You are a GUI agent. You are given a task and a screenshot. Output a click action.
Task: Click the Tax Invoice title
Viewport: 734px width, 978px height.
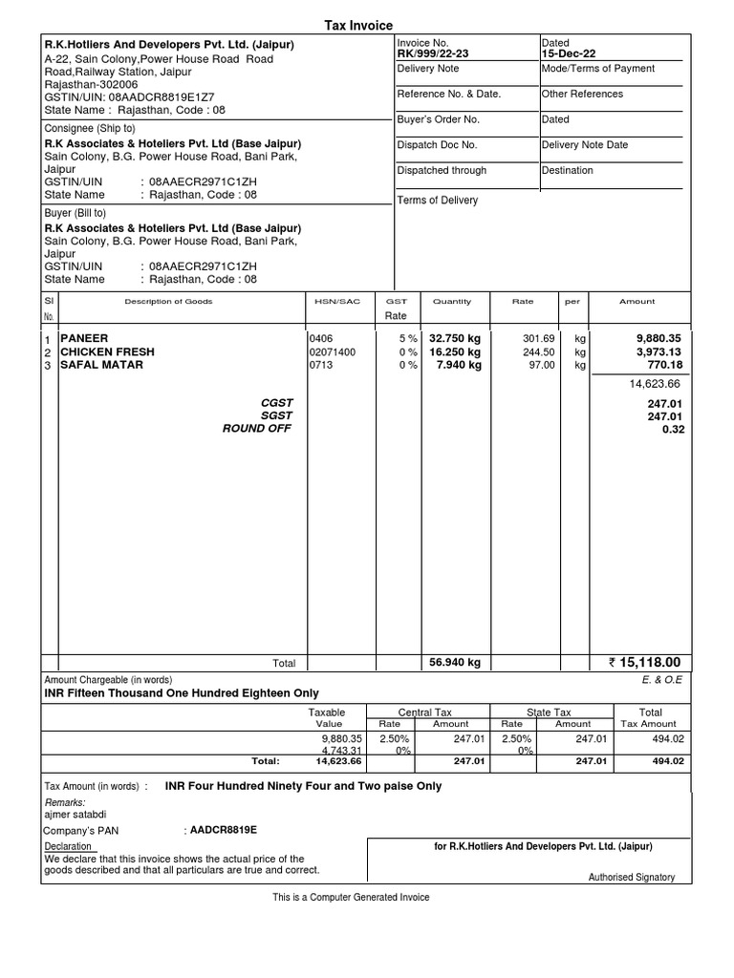367,26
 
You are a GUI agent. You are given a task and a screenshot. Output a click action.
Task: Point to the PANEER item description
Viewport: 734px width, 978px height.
84,338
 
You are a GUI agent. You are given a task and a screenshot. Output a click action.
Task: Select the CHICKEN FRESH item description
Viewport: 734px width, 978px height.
107,351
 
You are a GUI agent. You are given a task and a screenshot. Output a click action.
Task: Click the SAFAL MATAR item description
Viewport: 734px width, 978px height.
101,365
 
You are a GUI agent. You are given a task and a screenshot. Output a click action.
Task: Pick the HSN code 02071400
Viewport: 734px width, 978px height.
332,351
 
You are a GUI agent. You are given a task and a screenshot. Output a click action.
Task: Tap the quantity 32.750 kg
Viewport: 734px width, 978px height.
455,338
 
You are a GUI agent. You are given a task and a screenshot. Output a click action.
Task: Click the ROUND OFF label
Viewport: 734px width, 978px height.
257,429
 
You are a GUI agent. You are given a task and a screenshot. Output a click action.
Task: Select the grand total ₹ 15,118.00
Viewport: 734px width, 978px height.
644,663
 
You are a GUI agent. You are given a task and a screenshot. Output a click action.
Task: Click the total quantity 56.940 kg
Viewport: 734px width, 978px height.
455,663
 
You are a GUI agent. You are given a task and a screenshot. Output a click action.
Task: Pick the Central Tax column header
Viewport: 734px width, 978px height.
424,712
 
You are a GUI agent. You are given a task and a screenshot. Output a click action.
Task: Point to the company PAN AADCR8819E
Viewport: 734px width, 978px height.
223,830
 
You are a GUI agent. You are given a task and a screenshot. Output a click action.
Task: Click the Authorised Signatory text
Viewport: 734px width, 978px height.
631,877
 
